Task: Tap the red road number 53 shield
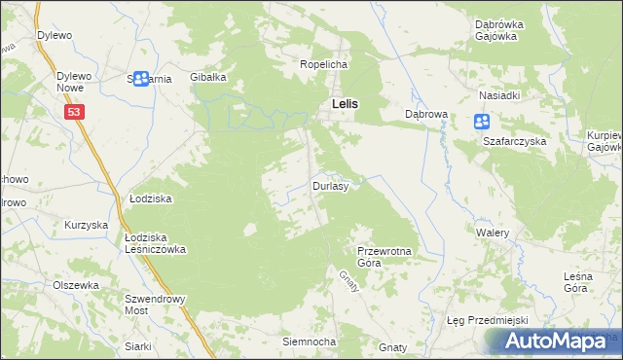coord(76,113)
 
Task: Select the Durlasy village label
coord(330,185)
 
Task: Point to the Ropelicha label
coord(323,64)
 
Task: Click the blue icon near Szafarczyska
coord(481,122)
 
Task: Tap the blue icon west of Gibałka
coord(142,78)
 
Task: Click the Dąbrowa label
coord(425,114)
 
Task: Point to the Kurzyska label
coord(85,225)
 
